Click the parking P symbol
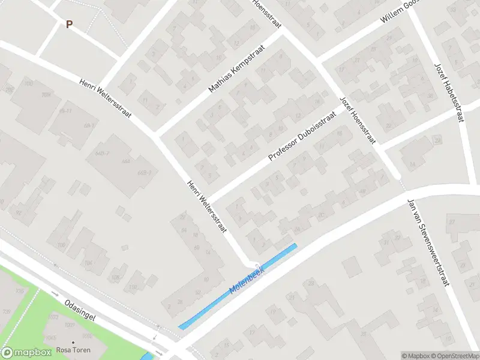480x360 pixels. click(x=69, y=25)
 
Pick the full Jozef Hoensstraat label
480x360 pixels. click(x=357, y=120)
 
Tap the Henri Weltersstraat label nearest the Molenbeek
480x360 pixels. click(x=205, y=208)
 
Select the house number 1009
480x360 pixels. click(x=70, y=325)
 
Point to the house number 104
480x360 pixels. click(x=89, y=263)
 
